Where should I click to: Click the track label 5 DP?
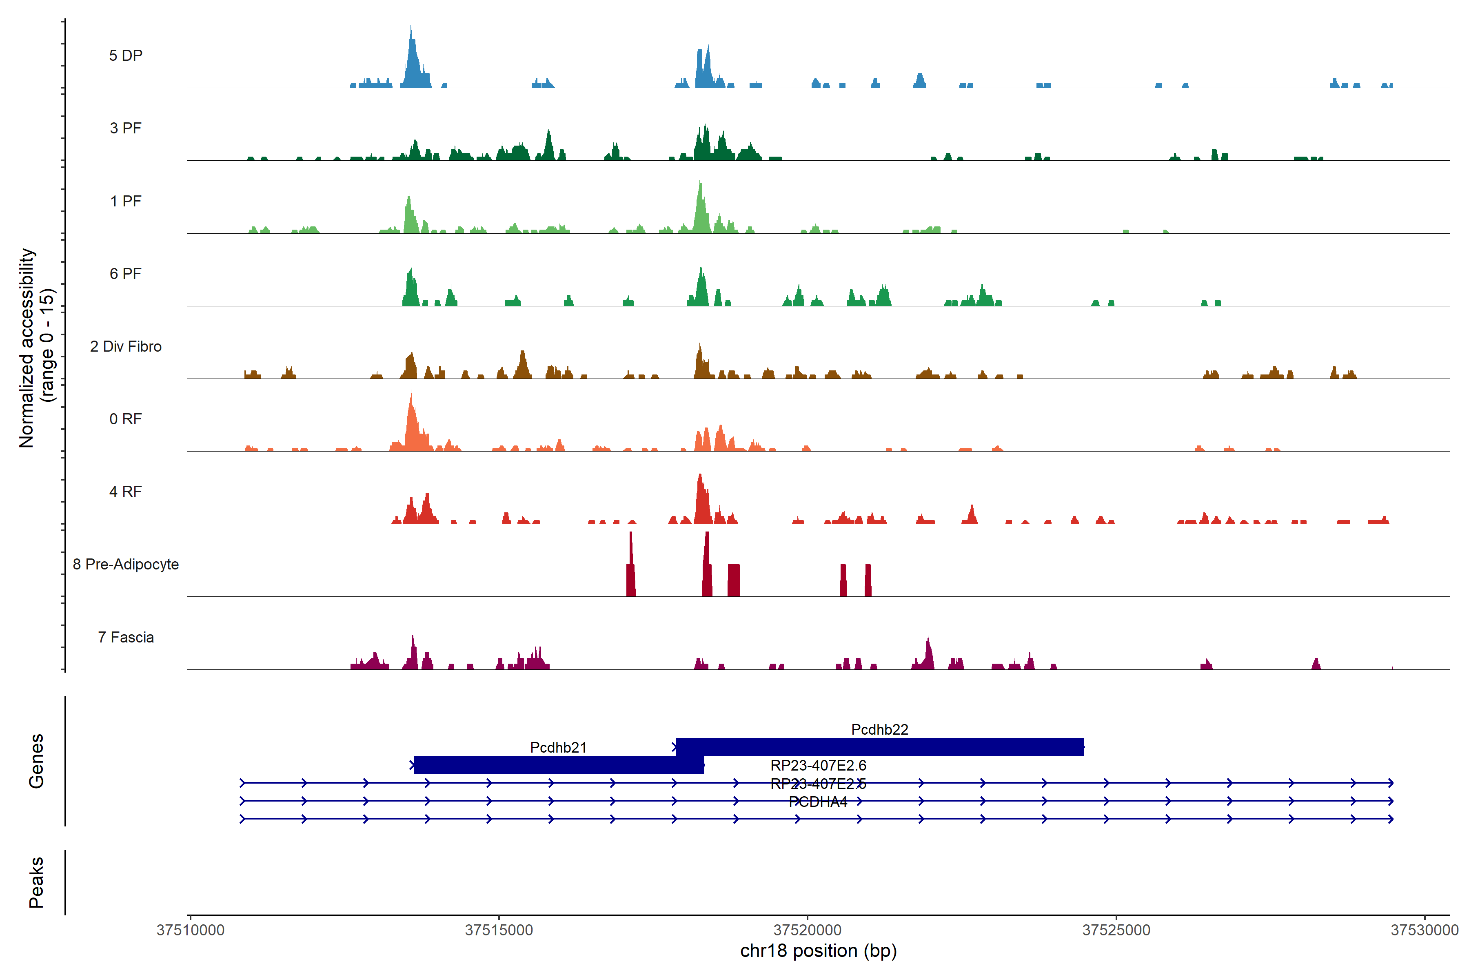point(126,55)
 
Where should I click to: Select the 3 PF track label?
point(126,128)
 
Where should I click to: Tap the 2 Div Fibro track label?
point(126,346)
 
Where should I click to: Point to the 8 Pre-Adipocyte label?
point(126,565)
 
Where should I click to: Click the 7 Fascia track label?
point(126,638)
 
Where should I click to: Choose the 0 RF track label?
point(126,419)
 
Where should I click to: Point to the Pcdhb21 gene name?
point(558,747)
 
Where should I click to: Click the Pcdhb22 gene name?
point(879,729)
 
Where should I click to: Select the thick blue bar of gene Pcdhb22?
point(879,747)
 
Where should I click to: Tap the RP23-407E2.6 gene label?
point(818,766)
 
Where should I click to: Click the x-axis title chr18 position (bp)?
point(818,951)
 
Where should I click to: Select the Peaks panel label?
point(36,882)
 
